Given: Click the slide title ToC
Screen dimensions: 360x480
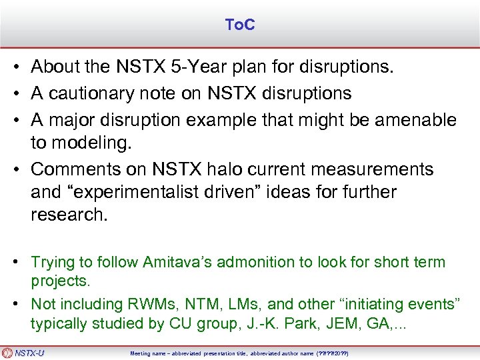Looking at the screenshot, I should pyautogui.click(x=240, y=25).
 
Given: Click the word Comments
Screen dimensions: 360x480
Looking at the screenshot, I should pyautogui.click(x=71, y=169).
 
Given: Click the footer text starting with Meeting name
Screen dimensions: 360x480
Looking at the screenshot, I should pyautogui.click(x=239, y=353).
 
